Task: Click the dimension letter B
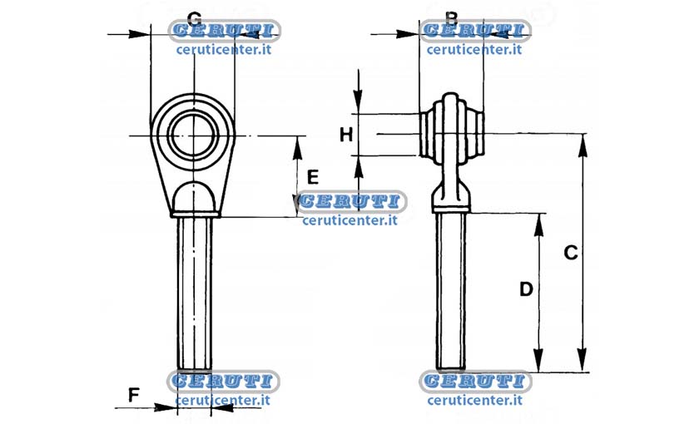(452, 17)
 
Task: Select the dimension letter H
(346, 135)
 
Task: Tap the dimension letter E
(313, 177)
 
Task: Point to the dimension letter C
(571, 253)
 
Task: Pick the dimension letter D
(527, 289)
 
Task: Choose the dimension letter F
(134, 395)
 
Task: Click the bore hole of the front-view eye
(193, 135)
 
